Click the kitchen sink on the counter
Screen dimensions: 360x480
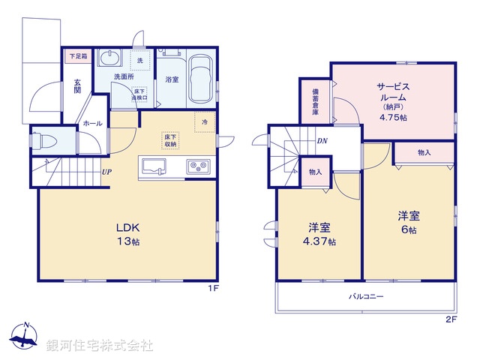pyautogui.click(x=154, y=165)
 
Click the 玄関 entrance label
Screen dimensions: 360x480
pyautogui.click(x=77, y=86)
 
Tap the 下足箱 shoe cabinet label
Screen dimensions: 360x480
pyautogui.click(x=77, y=56)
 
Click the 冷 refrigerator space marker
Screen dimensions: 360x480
pyautogui.click(x=203, y=121)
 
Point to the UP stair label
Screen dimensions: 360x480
pyautogui.click(x=107, y=172)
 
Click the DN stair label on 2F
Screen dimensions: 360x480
pyautogui.click(x=321, y=140)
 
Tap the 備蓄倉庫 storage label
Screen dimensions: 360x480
pyautogui.click(x=316, y=101)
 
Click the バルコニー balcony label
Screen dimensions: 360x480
pyautogui.click(x=365, y=297)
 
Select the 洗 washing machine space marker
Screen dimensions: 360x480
pyautogui.click(x=139, y=59)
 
